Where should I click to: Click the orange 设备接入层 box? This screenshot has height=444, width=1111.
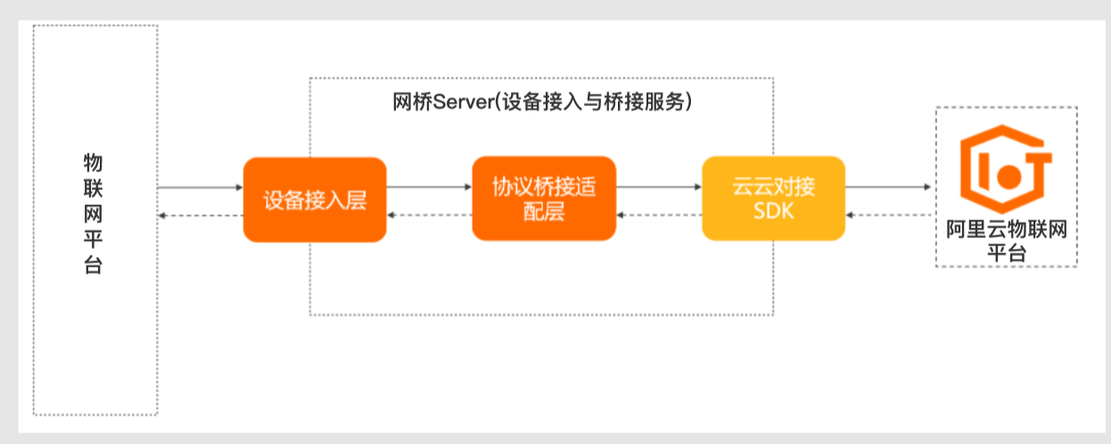click(x=315, y=200)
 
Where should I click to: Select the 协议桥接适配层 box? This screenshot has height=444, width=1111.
click(x=544, y=200)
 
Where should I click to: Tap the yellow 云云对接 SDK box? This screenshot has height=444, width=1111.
click(x=773, y=200)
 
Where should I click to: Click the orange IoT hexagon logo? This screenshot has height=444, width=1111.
click(x=1004, y=169)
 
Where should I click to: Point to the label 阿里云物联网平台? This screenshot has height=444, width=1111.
click(x=1006, y=240)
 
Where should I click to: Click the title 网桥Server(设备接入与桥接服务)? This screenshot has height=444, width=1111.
click(x=543, y=102)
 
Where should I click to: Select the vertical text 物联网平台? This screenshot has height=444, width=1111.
click(x=94, y=214)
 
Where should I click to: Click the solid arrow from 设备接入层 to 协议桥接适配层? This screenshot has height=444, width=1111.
click(x=429, y=187)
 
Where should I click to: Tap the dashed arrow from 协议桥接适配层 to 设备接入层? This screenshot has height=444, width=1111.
click(x=429, y=215)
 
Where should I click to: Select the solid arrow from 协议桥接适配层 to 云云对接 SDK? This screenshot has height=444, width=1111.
click(x=659, y=187)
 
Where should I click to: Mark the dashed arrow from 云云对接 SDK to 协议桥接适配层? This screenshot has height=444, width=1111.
click(x=659, y=215)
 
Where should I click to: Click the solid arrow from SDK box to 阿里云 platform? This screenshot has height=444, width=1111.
click(x=889, y=187)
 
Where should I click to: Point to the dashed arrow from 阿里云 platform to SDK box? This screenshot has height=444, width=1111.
click(x=889, y=215)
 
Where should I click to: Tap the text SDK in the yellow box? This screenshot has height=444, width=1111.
click(x=773, y=214)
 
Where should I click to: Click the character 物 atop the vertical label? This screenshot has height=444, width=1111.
click(x=94, y=163)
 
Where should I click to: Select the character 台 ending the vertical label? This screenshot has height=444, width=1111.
click(x=94, y=266)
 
